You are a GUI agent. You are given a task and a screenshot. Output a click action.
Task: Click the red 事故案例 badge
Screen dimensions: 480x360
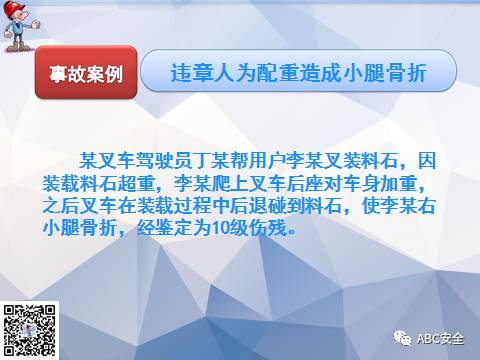pos(86,72)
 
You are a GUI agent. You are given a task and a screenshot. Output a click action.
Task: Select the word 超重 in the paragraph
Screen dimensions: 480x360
pos(137,183)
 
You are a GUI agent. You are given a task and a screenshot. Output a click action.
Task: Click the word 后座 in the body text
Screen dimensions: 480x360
pos(305,183)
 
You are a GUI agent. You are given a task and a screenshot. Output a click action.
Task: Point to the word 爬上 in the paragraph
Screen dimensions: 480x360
pos(230,183)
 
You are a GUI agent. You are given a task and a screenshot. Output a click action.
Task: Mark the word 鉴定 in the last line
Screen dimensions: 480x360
pos(174,228)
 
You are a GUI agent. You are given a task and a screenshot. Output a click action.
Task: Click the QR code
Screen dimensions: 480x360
pos(29,330)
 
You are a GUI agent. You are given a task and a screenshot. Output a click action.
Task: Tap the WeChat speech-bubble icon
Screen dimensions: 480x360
pos(402,338)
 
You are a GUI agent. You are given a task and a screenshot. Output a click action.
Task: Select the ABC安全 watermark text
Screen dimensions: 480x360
pos(440,339)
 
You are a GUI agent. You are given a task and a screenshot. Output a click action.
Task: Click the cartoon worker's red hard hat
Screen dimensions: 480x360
pos(14,8)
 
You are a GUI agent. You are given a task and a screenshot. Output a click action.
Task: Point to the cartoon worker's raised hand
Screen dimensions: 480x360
pos(35,24)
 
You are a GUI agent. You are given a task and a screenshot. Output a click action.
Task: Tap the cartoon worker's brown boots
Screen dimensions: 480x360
pos(19,47)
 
